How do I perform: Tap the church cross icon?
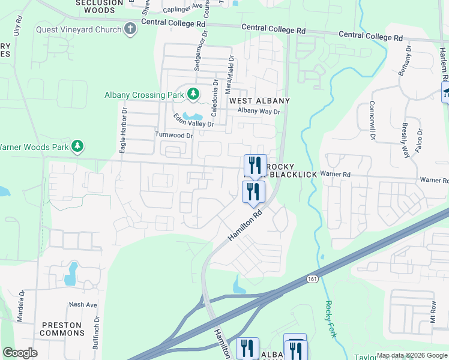pyautogui.click(x=130, y=29)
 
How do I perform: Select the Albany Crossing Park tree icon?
pyautogui.click(x=193, y=94)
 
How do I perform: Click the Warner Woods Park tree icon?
pyautogui.click(x=77, y=146)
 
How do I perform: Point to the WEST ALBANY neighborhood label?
pyautogui.click(x=259, y=101)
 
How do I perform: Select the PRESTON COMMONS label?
pyautogui.click(x=61, y=329)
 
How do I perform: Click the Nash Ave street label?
pyautogui.click(x=83, y=305)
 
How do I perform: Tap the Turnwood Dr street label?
pyautogui.click(x=174, y=136)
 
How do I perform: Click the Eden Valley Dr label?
pyautogui.click(x=193, y=120)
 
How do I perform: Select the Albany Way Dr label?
pyautogui.click(x=259, y=112)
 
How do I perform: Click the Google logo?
pyautogui.click(x=20, y=353)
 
